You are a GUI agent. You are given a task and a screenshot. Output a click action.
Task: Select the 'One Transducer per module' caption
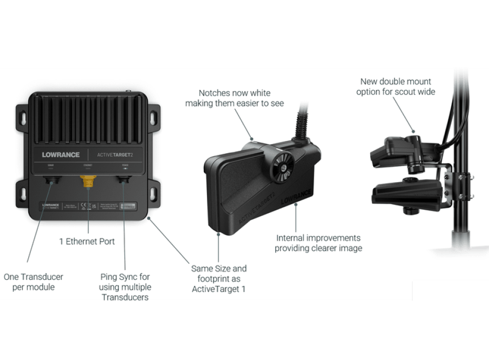(x=33, y=282)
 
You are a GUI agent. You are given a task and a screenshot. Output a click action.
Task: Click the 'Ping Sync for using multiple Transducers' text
(x=125, y=287)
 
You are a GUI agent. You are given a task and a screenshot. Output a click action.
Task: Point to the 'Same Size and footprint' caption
(x=219, y=278)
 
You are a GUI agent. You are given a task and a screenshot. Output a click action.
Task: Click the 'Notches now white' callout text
(x=234, y=98)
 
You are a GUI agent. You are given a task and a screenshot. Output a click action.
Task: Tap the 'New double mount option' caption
(x=395, y=86)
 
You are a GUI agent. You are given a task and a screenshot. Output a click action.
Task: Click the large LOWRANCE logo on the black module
(x=61, y=155)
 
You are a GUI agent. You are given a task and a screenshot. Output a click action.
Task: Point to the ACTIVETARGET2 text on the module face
(x=114, y=155)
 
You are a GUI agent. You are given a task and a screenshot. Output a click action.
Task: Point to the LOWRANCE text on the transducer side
(x=296, y=198)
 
